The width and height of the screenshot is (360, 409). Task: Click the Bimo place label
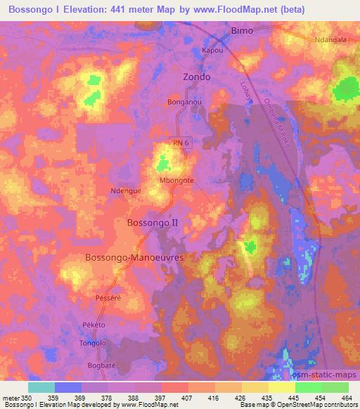click(242, 31)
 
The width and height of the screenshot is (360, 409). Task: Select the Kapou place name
click(212, 51)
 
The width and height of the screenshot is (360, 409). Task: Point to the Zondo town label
click(196, 77)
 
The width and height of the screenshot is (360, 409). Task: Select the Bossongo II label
click(153, 222)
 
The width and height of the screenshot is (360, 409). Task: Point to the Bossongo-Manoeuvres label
click(134, 258)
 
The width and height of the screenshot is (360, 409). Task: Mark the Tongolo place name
click(92, 343)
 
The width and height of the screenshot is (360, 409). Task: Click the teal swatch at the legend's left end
click(41, 387)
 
